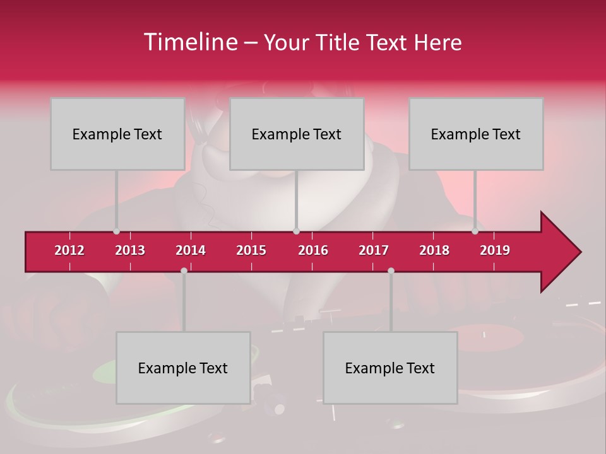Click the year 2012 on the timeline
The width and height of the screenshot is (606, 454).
coord(69,250)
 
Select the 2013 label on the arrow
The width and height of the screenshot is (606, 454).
coord(130,250)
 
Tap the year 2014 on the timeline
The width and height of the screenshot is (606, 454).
coord(191,250)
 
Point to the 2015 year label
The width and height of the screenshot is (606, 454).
coord(251,250)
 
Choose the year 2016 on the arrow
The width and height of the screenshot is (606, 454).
coord(313,250)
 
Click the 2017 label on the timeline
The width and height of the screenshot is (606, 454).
coord(374,250)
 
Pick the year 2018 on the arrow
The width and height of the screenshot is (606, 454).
coord(434,250)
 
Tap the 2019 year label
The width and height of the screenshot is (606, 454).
coord(495,250)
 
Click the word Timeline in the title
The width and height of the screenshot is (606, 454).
coord(189,42)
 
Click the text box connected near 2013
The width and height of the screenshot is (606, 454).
coord(117,134)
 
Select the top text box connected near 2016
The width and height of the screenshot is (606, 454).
coord(297,134)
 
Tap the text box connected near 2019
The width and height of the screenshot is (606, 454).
coord(476,134)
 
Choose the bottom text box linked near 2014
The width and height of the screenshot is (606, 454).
coord(183,368)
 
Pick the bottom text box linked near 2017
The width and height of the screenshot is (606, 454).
coord(390,368)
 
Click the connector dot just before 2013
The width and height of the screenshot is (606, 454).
coord(116,231)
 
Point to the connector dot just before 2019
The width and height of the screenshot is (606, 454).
coord(475,231)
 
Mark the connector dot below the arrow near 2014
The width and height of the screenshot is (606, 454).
coord(184,271)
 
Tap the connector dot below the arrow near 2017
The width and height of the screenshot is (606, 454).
coord(391,271)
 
